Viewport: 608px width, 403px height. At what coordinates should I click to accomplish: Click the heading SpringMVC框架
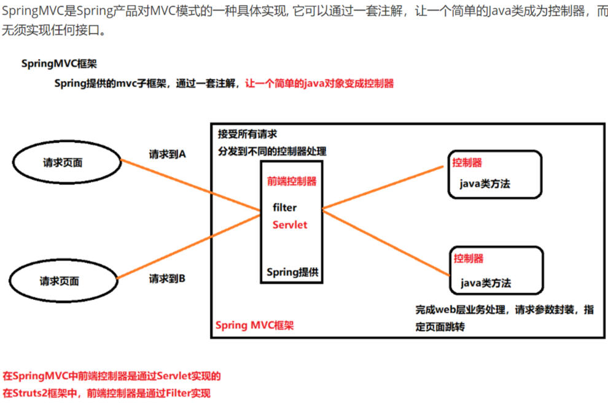pyautogui.click(x=58, y=63)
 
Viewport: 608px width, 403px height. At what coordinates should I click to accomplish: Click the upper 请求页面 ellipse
pyautogui.click(x=63, y=163)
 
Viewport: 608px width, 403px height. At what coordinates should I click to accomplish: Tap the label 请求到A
pyautogui.click(x=167, y=155)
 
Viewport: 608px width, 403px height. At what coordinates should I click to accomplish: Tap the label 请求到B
pyautogui.click(x=167, y=279)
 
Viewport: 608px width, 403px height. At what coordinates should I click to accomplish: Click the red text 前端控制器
pyautogui.click(x=292, y=182)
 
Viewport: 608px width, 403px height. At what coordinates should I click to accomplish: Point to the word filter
pyautogui.click(x=285, y=208)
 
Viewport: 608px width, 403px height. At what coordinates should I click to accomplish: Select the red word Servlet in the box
pyautogui.click(x=290, y=225)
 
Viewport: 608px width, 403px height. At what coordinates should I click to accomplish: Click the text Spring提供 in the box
pyautogui.click(x=292, y=272)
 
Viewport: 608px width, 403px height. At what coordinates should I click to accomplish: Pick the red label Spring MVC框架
pyautogui.click(x=254, y=325)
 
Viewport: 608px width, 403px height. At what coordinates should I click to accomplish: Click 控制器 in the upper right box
pyautogui.click(x=467, y=163)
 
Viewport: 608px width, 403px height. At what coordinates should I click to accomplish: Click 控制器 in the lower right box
pyautogui.click(x=469, y=258)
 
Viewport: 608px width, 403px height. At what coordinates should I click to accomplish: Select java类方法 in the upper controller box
pyautogui.click(x=485, y=184)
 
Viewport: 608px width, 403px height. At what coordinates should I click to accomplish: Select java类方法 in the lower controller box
pyautogui.click(x=486, y=283)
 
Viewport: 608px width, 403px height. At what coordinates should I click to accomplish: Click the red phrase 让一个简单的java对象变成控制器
pyautogui.click(x=319, y=84)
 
